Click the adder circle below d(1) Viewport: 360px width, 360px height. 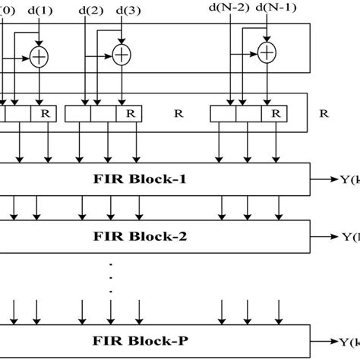point(39,57)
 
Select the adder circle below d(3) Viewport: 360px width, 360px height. point(121,54)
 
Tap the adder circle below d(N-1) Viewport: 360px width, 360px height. point(267,52)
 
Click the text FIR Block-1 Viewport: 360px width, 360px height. point(151,181)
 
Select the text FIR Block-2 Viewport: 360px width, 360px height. point(151,235)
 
